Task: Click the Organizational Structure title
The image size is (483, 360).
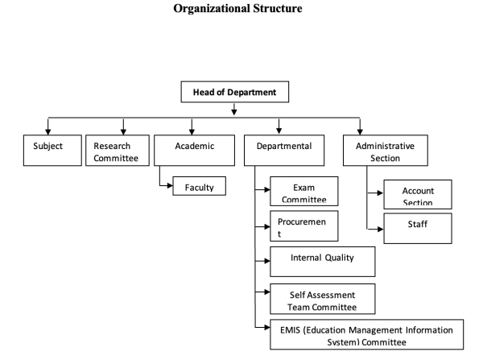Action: pos(241,9)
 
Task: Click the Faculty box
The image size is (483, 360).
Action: pos(198,186)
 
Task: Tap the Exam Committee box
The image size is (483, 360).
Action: pos(303,192)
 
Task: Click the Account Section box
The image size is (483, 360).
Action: pos(417,195)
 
